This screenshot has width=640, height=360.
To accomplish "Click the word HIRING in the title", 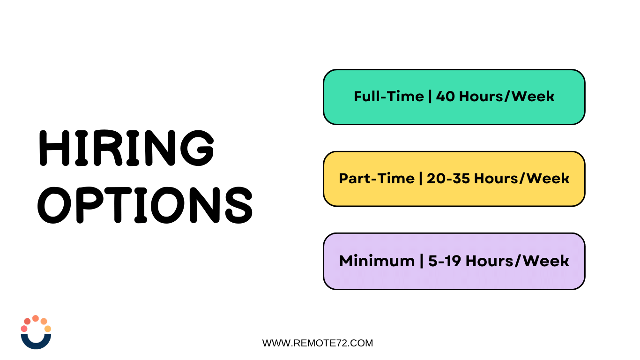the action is coord(127,148).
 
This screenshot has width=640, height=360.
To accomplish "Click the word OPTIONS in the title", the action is coord(145,205).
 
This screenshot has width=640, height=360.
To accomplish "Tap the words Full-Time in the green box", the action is coord(389,97).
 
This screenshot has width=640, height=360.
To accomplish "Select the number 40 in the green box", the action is coord(445,97).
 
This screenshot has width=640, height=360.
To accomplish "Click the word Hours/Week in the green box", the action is coord(506,97).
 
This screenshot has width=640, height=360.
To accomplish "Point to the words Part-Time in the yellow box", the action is coord(377,179).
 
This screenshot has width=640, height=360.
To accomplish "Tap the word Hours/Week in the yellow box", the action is coord(522,179).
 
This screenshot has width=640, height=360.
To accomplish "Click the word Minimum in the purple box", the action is coord(377,261).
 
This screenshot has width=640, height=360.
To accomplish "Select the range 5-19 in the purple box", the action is coord(444,261).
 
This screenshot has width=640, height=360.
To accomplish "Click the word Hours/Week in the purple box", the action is coord(517,261).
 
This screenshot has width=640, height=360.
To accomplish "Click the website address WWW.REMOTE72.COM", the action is coord(318,343).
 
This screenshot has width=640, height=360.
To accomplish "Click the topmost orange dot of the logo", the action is coord(36,318).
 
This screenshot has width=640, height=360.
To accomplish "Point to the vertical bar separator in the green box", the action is coord(430,97).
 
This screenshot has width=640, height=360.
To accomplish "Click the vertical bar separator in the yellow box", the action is coord(421,179).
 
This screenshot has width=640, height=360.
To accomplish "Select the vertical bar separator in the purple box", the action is coord(422,261).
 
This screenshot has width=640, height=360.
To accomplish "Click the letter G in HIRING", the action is coord(197,148).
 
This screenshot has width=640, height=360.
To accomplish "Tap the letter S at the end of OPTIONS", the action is coord(239,205).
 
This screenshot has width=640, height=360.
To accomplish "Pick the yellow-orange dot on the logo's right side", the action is coord(48,329).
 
